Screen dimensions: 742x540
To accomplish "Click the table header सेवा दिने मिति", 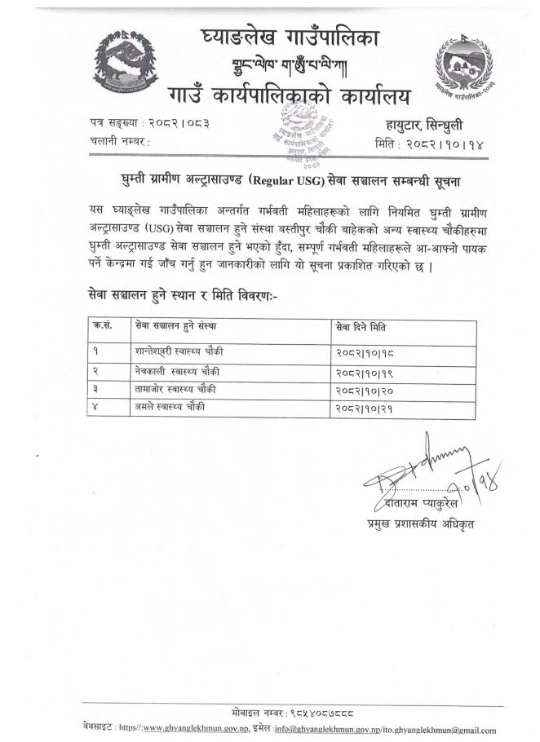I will (362, 328).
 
